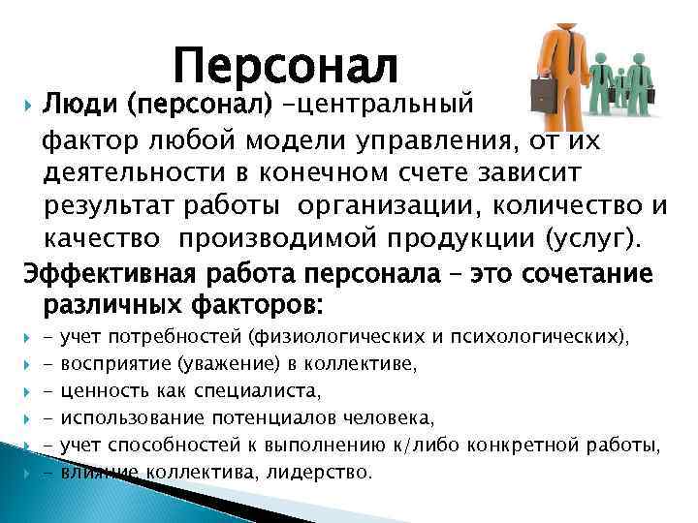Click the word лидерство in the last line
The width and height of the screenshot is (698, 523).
click(x=325, y=473)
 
